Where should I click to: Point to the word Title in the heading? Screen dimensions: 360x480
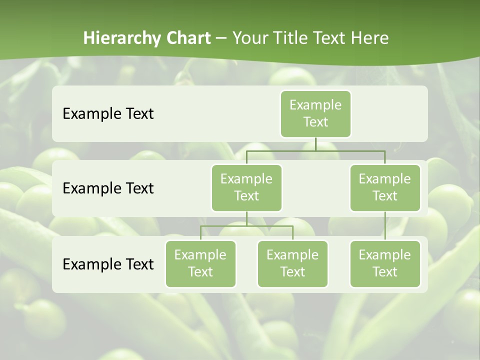[x=290, y=38]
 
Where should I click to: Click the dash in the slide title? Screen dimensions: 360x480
[x=221, y=38]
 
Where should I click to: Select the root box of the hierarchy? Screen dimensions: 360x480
[x=315, y=114]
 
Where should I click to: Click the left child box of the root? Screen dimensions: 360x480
[x=246, y=188]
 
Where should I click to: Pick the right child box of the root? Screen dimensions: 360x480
[x=385, y=188]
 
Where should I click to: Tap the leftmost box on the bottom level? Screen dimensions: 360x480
[x=200, y=264]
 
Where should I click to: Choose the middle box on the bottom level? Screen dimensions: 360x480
[x=292, y=264]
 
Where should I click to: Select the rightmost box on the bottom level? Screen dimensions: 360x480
[x=385, y=264]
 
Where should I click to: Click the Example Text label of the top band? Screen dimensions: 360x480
[x=108, y=114]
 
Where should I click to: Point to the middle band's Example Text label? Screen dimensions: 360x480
[x=108, y=188]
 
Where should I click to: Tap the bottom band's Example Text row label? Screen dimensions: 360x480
[x=108, y=264]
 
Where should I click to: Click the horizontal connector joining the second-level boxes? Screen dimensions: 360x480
[x=315, y=150]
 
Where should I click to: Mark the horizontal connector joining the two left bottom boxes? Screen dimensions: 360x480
[x=246, y=226]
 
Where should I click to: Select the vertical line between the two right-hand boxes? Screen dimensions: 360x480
[x=385, y=226]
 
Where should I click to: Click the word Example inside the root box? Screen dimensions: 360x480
[x=315, y=105]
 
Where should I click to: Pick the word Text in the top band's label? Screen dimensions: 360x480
[x=136, y=114]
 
